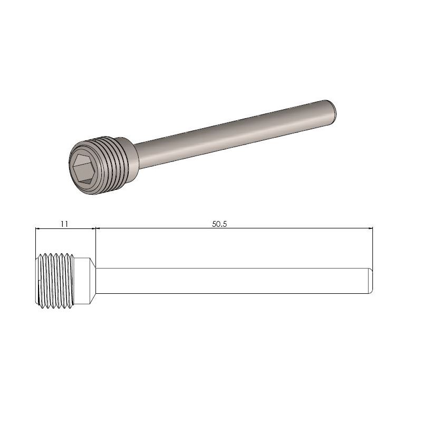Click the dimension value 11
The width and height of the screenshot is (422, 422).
[x=64, y=224]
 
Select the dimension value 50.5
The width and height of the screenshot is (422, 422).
[x=219, y=224]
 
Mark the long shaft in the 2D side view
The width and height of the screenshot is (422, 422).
[x=232, y=281]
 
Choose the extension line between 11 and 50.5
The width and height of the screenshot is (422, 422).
[x=95, y=243]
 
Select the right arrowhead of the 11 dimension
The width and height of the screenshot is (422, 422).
[x=93, y=228]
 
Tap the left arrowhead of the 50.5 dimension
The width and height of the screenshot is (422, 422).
[x=99, y=228]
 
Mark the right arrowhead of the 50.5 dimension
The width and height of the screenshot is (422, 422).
[x=370, y=228]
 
